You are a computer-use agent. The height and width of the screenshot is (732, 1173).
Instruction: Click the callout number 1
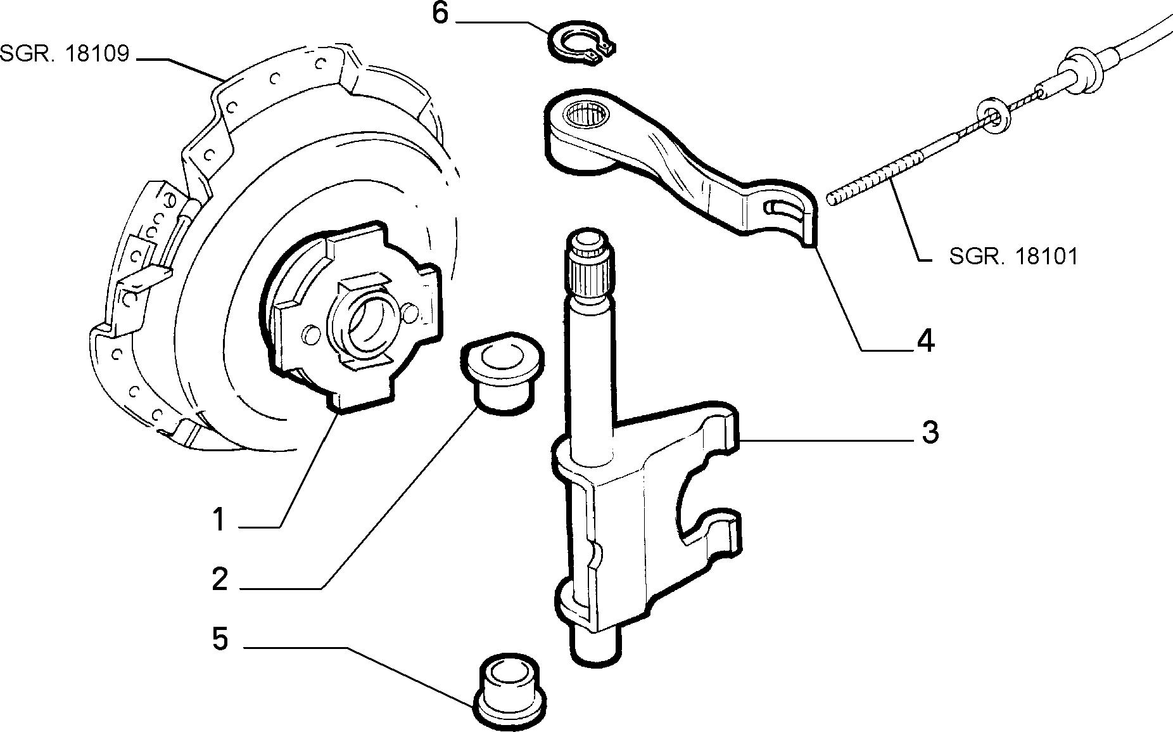click(219, 520)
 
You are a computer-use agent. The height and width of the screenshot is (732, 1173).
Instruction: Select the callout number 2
click(220, 579)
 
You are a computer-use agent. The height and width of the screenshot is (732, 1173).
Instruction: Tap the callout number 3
click(929, 433)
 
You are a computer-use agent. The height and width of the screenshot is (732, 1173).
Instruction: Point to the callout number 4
click(925, 341)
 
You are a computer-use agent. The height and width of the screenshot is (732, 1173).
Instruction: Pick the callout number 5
click(220, 639)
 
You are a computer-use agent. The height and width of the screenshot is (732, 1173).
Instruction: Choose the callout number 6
click(440, 14)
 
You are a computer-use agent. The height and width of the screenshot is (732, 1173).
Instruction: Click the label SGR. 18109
click(65, 54)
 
